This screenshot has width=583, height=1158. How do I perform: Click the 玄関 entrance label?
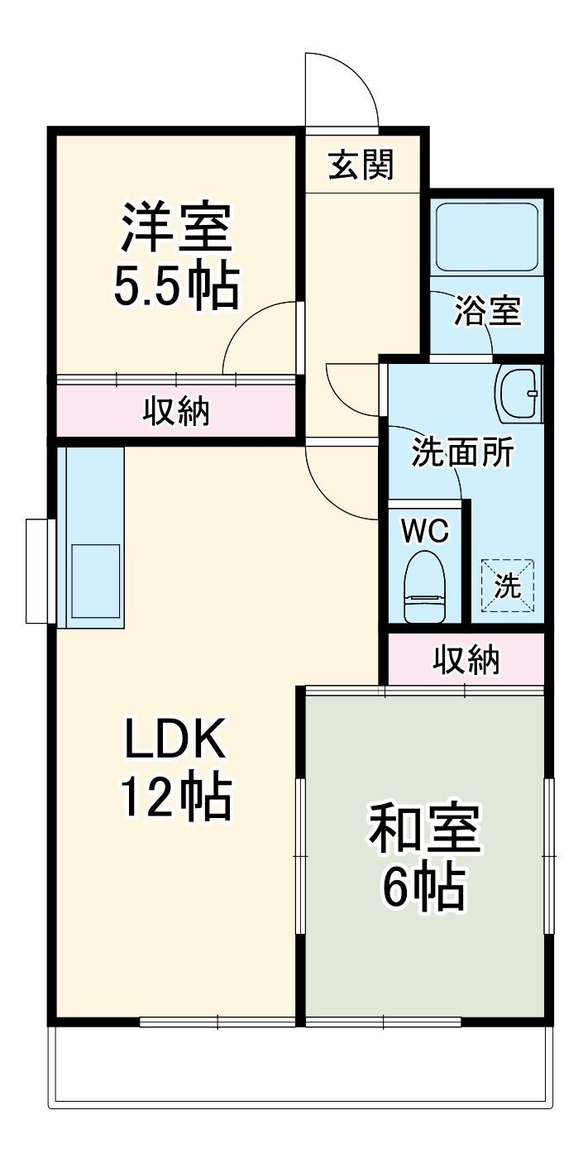361,165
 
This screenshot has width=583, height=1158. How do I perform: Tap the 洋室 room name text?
176,227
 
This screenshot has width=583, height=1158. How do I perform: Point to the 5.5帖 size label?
176,286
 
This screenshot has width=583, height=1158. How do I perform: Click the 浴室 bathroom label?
488,312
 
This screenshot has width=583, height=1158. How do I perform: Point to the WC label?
424,531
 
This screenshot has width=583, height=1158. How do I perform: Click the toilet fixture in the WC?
425,586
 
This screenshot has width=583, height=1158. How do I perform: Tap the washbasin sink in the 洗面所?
518,394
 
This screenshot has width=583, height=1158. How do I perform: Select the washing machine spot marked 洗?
508,586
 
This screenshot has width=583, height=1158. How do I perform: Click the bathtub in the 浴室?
487,236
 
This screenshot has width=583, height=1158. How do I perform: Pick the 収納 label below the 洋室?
177,411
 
